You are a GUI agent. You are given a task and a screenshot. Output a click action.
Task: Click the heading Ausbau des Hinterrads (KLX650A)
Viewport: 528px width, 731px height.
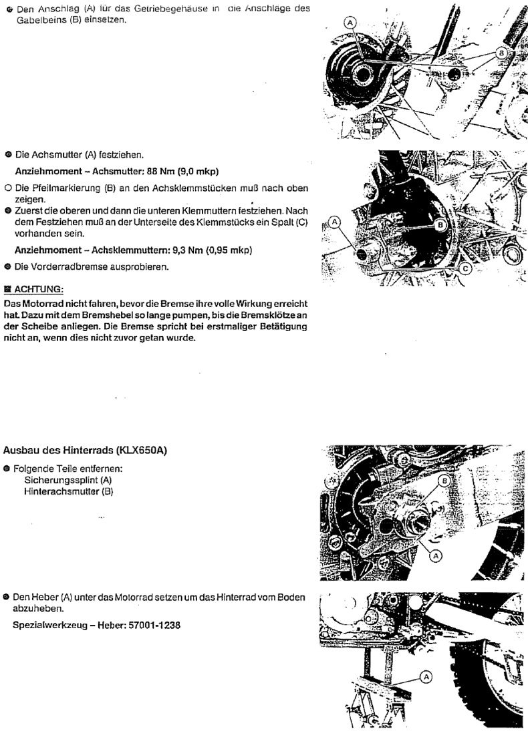click(86, 451)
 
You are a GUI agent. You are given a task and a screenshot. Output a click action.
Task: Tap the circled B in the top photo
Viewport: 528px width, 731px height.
click(500, 51)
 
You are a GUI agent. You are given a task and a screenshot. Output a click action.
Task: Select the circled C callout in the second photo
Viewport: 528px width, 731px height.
click(466, 268)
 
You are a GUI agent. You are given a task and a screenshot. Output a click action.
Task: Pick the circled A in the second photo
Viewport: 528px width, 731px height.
click(336, 222)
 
